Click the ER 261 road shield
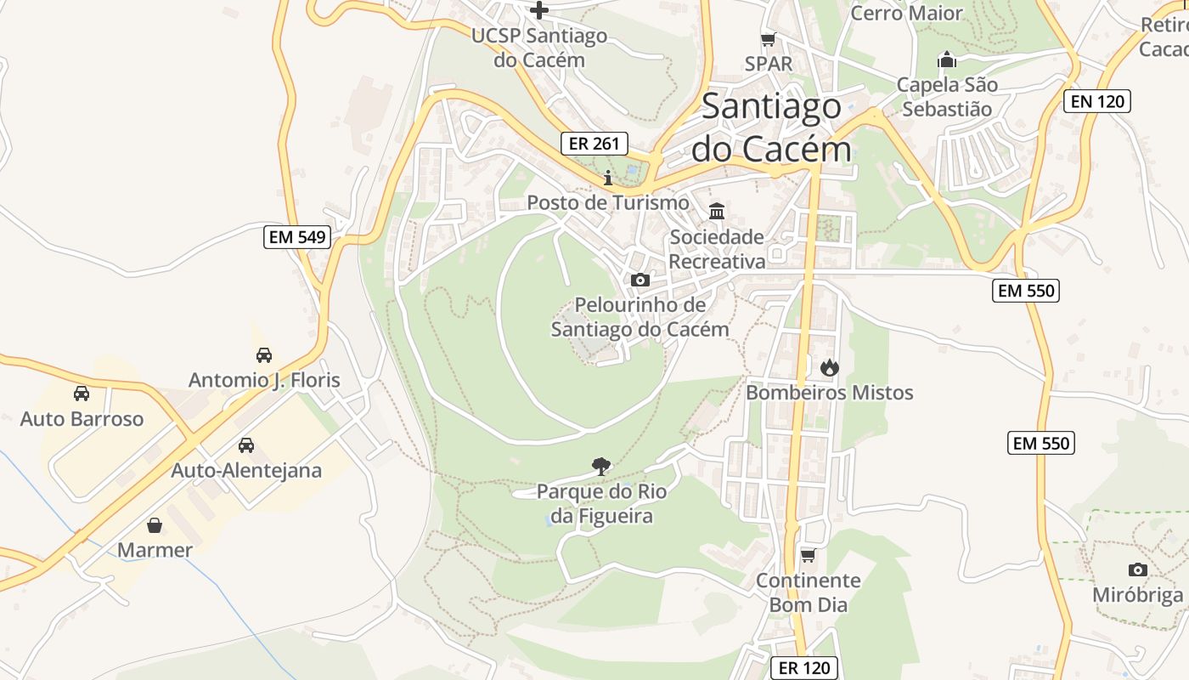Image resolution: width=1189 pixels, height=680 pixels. click(x=594, y=144)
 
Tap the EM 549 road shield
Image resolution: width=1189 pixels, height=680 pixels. click(x=297, y=237)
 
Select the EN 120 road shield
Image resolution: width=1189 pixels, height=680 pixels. click(x=1097, y=101)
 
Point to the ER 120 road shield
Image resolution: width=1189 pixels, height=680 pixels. click(x=804, y=668)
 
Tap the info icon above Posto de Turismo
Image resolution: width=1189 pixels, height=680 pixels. click(x=607, y=178)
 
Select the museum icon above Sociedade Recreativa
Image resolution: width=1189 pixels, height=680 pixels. click(x=717, y=211)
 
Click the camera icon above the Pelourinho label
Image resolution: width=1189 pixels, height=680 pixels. click(x=640, y=280)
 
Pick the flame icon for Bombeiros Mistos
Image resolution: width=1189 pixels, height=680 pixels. click(x=829, y=367)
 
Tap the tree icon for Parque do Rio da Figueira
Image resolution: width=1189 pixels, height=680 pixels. click(x=601, y=466)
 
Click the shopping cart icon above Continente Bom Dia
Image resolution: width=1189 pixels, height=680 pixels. click(x=808, y=555)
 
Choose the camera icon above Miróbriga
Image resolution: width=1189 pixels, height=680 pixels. click(x=1137, y=569)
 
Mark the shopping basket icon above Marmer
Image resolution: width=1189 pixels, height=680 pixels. click(x=155, y=524)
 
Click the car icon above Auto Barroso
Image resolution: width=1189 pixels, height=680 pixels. click(x=82, y=394)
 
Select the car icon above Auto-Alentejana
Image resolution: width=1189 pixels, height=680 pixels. click(x=246, y=445)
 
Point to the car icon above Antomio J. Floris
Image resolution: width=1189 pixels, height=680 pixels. click(x=264, y=354)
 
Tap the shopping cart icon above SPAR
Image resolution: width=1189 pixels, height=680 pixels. click(x=769, y=39)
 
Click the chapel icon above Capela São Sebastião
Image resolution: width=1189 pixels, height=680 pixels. click(x=946, y=59)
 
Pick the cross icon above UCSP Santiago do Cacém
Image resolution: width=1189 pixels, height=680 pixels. click(x=539, y=10)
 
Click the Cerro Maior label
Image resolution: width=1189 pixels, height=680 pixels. click(x=906, y=14)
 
